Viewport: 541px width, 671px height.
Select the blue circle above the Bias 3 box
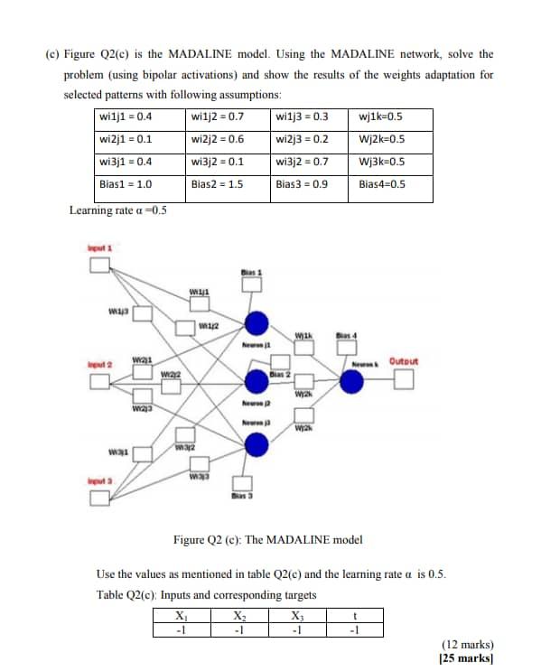257,443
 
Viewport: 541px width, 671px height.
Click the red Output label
404,361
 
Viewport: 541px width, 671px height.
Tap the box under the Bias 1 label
250,284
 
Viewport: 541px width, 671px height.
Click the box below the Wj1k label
303,353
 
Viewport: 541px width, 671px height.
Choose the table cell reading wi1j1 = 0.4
126,117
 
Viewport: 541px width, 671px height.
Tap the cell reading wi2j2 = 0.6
218,140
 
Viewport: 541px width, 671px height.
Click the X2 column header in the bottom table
238,617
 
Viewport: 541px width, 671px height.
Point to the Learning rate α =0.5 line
118,211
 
